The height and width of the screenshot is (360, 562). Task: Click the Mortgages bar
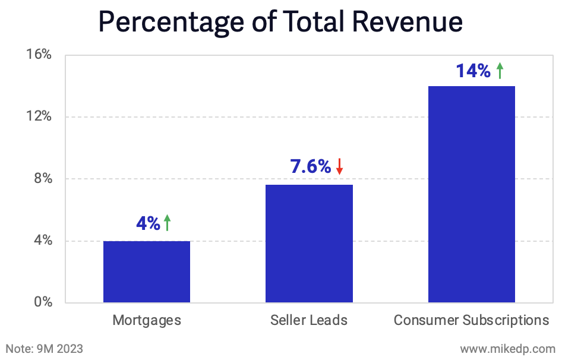coord(147,271)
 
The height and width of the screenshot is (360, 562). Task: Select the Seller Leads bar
coord(309,244)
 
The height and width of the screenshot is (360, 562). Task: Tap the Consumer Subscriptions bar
coord(471,194)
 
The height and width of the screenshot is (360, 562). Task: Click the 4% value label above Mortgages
coord(148,224)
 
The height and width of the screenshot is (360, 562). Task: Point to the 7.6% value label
coord(310,167)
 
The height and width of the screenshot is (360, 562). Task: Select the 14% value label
coord(473,71)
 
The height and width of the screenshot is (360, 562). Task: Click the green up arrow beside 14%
coord(500,71)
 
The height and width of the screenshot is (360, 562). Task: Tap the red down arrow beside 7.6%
coord(339,166)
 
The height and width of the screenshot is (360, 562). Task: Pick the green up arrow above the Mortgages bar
coord(168,223)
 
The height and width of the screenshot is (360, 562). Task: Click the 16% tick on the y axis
coord(39,55)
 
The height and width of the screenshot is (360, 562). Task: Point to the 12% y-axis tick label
coord(39,116)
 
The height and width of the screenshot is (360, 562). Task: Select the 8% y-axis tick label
coord(43,179)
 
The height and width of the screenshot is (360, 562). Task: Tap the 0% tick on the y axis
coord(43,302)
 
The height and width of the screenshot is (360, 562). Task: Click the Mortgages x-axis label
coord(147,321)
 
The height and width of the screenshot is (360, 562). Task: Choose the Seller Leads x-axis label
coord(309,321)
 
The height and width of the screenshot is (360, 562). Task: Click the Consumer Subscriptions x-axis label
coord(471,321)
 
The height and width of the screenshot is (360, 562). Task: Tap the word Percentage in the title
coord(172,23)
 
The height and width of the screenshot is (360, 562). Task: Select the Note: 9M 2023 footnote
coord(45,348)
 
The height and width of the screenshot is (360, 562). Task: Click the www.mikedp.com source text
coord(507,348)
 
